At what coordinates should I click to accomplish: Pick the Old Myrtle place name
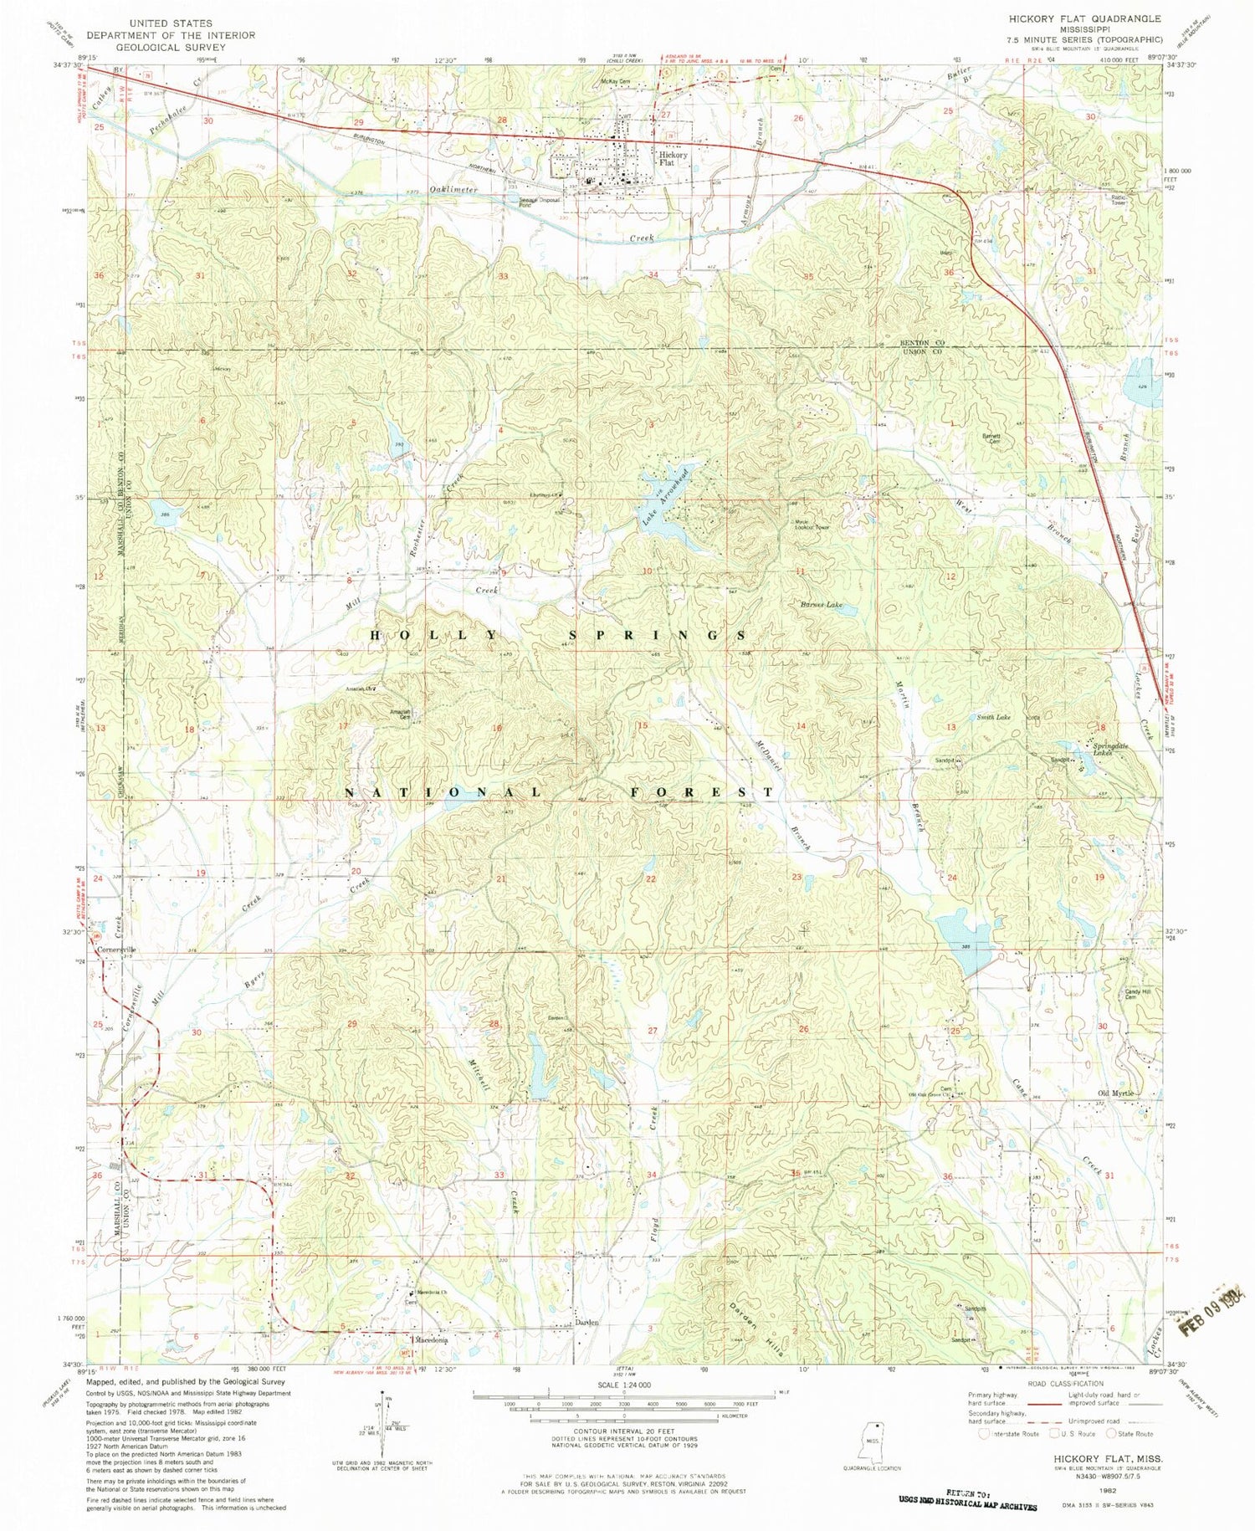pyautogui.click(x=1116, y=1093)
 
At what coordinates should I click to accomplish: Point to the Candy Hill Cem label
pyautogui.click(x=1133, y=993)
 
